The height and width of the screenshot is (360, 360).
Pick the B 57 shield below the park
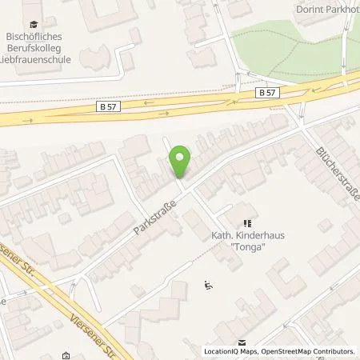point(270,93)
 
